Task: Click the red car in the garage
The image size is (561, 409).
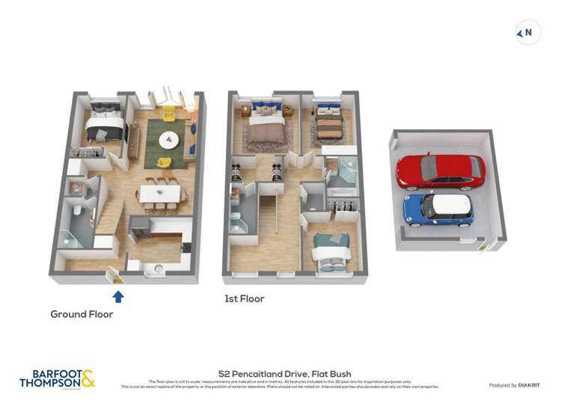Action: tap(440, 171)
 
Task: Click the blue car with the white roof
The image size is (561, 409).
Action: tap(438, 209)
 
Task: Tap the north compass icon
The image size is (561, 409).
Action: tap(528, 32)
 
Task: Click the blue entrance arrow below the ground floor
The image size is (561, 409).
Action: tap(117, 297)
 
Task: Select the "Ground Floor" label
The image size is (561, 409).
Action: tap(82, 314)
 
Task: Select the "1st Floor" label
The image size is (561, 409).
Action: tap(245, 298)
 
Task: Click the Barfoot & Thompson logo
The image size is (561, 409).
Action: tap(57, 378)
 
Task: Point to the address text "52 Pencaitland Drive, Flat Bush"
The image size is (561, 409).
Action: tap(284, 374)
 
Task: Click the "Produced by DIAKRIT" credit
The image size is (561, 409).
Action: tap(515, 385)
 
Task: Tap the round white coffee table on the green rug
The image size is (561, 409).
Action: tap(169, 139)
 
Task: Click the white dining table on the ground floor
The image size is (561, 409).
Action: tap(160, 194)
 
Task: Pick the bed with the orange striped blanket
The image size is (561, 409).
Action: tap(329, 125)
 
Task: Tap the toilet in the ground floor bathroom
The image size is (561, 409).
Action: tap(78, 212)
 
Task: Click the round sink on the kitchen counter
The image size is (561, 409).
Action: tap(159, 269)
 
